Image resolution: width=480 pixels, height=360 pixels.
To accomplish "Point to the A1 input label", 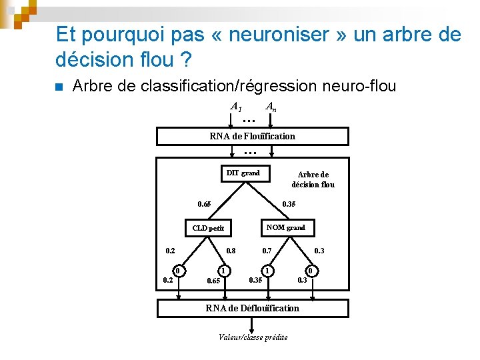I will pos(236,106).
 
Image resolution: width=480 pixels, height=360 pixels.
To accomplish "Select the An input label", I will pos(271,106).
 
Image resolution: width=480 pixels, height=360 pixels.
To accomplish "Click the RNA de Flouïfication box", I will pos(252,136).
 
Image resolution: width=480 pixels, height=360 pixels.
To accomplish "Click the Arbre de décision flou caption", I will pos(313,179).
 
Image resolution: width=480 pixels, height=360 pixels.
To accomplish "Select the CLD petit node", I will pos(208,228).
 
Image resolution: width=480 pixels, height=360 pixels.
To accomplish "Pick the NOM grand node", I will pos(285,227).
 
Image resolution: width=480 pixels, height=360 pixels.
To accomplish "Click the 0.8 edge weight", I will pos(231,251).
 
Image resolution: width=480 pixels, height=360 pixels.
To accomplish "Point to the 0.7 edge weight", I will pos(267,251).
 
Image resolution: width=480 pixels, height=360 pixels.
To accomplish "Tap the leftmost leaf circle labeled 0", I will pos(179,271).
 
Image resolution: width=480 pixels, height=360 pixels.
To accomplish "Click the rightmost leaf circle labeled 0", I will pos(309,271).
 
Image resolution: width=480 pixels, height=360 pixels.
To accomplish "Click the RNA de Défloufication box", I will pos(252,308).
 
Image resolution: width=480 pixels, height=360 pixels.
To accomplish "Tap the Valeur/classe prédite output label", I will pos(253,337).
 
